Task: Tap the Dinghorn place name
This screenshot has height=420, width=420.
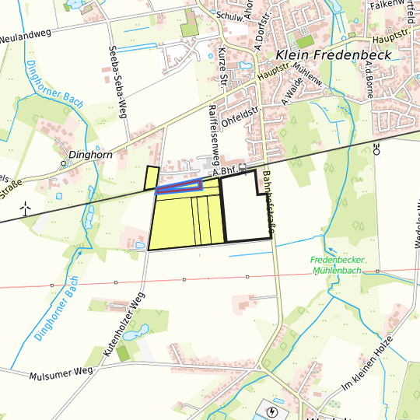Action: click(92, 155)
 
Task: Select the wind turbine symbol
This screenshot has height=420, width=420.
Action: click(25, 208)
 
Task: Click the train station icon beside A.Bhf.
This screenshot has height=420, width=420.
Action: click(243, 167)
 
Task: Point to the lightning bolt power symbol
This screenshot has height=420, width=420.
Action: click(273, 411)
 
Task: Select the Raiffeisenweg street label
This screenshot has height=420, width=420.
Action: click(215, 134)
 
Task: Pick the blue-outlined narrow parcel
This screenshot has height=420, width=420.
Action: click(179, 187)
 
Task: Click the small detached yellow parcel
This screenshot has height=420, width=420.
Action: click(151, 178)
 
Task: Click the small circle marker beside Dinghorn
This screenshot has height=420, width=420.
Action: click(64, 164)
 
